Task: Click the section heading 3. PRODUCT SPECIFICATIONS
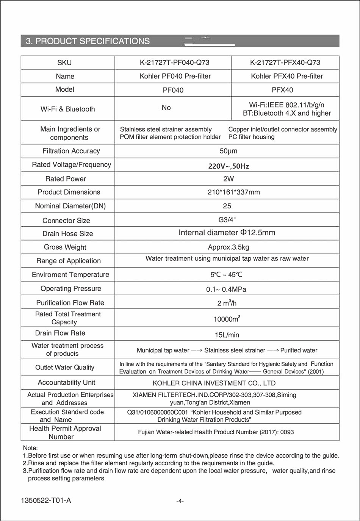88,41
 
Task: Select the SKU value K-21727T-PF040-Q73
174,63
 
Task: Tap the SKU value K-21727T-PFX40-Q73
285,63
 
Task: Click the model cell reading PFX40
282,90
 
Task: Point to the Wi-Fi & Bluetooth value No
166,108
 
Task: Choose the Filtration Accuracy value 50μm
229,151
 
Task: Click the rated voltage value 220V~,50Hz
229,166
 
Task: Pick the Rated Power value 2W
229,179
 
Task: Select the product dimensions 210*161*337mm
233,192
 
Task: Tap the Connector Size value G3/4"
227,220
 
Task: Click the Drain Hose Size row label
67,234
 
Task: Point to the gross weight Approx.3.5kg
229,247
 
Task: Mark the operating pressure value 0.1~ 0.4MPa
226,289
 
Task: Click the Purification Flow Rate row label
70,303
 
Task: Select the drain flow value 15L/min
227,335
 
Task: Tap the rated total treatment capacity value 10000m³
227,319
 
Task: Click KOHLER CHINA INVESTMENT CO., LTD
214,383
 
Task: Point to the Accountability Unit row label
66,382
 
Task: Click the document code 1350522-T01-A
46,501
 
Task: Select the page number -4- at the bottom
180,501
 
